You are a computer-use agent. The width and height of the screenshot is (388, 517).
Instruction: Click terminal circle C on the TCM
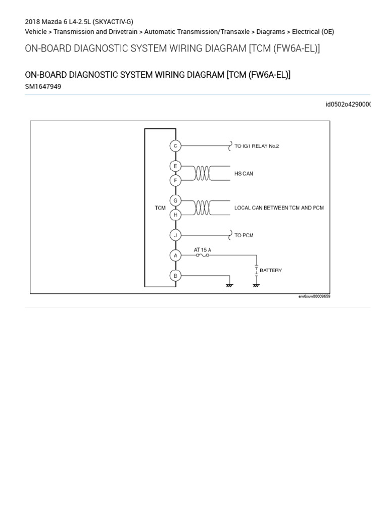coord(175,146)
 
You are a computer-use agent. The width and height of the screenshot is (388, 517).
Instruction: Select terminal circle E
coord(175,166)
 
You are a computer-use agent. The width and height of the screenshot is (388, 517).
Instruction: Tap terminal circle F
coord(175,180)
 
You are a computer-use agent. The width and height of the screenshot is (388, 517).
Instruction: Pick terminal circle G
coord(175,200)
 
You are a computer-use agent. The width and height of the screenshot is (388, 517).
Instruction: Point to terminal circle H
coord(175,215)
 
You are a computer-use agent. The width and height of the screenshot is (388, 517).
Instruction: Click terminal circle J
coord(175,235)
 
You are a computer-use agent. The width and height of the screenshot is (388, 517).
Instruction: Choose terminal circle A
coord(175,255)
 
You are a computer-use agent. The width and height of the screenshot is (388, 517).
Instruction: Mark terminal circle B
coord(175,276)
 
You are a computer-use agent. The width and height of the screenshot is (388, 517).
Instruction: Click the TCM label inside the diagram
coord(160,208)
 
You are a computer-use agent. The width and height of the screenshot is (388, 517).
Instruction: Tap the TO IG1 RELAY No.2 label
coord(257,146)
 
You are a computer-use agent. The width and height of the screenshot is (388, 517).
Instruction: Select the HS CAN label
coord(244,174)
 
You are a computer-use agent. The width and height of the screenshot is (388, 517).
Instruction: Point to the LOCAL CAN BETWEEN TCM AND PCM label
coord(279,208)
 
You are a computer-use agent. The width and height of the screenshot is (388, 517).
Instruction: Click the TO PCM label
coord(244,235)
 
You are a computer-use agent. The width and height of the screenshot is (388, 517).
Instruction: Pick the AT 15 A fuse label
coord(203,249)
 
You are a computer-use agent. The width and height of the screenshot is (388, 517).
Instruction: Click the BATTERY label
coord(271,271)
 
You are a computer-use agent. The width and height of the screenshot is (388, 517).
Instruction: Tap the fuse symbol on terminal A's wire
coord(203,255)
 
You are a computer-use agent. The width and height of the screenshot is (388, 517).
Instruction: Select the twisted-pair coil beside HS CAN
coord(202,173)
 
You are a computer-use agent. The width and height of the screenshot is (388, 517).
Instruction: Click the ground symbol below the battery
coord(256,285)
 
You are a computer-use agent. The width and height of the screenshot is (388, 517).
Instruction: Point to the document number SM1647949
coord(43,86)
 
